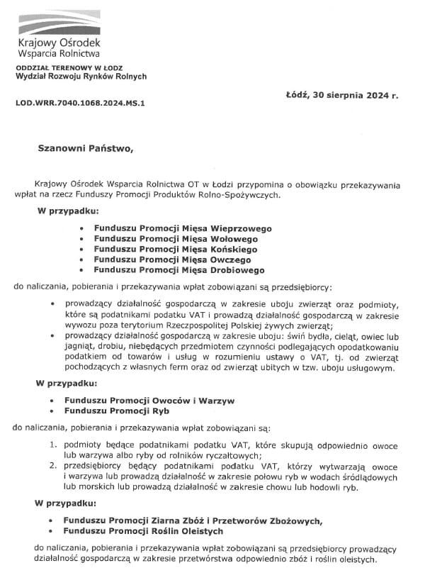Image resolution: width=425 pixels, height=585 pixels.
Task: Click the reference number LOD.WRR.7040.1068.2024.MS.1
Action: pos(80,103)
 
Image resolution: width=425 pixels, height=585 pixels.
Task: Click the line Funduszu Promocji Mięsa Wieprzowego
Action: pos(183,229)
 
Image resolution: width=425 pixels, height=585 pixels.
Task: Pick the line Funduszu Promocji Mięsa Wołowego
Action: pos(176,240)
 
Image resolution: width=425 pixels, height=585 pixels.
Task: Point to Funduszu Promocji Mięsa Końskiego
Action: pos(176,250)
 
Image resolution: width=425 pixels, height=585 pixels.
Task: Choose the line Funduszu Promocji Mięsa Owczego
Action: pos(174,260)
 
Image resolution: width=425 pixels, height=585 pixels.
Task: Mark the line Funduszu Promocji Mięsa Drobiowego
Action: pos(179,270)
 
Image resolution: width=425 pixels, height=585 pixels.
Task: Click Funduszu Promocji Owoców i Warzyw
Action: pos(149,401)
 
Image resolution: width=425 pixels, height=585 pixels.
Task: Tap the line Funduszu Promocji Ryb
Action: pos(117,411)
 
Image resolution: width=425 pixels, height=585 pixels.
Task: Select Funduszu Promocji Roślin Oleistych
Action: pos(144,531)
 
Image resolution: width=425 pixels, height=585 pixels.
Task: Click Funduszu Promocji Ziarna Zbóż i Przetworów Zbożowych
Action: pos(193,521)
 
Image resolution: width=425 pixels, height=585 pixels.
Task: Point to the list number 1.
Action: pos(53,445)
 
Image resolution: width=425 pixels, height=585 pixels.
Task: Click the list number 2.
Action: pos(53,467)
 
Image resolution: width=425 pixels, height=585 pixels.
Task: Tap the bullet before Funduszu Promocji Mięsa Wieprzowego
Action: pos(83,229)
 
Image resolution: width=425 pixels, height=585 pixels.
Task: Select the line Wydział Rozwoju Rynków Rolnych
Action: pos(81,77)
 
